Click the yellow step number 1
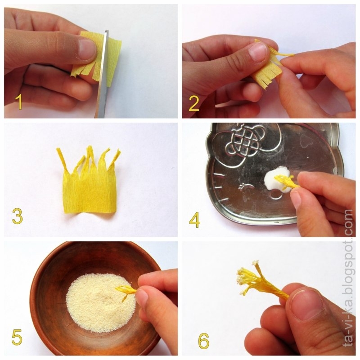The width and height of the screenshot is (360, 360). click(x=19, y=102)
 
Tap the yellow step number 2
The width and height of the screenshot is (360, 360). click(x=194, y=103)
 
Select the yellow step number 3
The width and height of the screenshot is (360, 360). click(x=18, y=216)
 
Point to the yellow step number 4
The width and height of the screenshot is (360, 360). click(x=194, y=220)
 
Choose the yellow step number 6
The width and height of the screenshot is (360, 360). click(x=204, y=341)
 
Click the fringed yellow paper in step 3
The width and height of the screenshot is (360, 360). click(x=89, y=186)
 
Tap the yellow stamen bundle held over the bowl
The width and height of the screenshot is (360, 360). click(x=127, y=291)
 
